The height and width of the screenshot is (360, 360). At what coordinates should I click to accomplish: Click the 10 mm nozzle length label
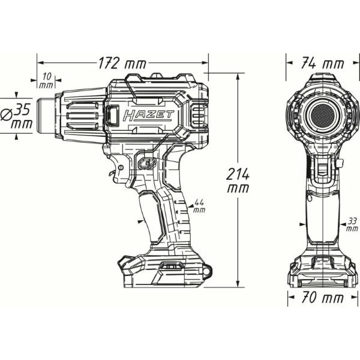point(47,80)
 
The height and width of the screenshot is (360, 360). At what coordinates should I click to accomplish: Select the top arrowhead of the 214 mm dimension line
point(238,79)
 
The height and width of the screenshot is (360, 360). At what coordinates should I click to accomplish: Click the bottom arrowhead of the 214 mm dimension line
point(238,283)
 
